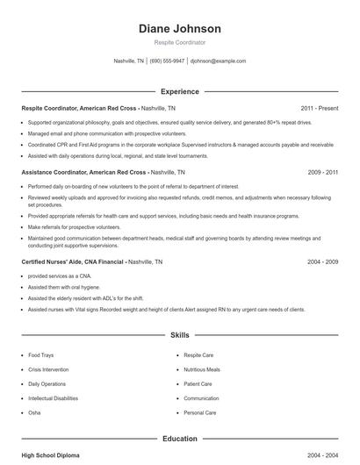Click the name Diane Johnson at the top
[180, 28]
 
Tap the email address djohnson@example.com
[218, 61]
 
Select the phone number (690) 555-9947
[167, 61]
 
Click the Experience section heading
[180, 91]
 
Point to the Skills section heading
[180, 334]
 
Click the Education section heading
[180, 438]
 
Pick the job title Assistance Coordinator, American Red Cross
[84, 172]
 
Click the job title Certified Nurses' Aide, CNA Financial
[73, 261]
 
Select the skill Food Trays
[40, 355]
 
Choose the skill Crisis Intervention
[47, 369]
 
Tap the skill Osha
[35, 411]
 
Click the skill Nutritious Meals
[201, 369]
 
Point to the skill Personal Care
[199, 411]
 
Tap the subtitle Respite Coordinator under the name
[180, 42]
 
